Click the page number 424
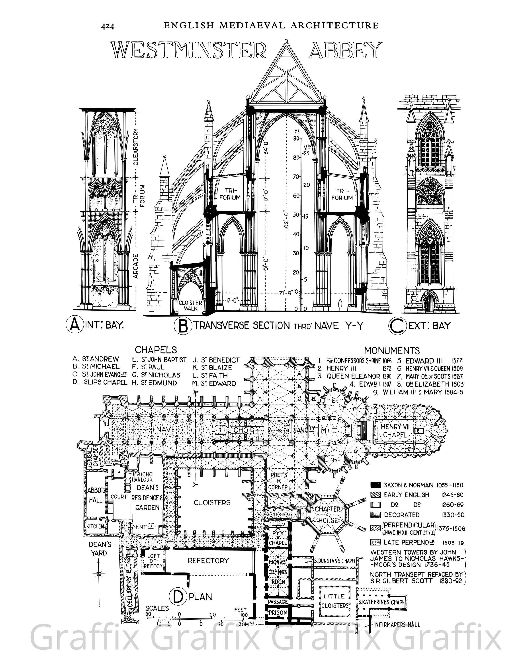click(x=108, y=27)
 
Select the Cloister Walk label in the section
click(x=190, y=305)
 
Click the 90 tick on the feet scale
click(x=296, y=139)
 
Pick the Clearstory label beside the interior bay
click(x=136, y=147)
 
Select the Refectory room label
click(x=209, y=560)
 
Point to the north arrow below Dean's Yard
click(x=99, y=573)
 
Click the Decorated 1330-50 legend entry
click(x=401, y=515)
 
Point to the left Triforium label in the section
click(x=230, y=194)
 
